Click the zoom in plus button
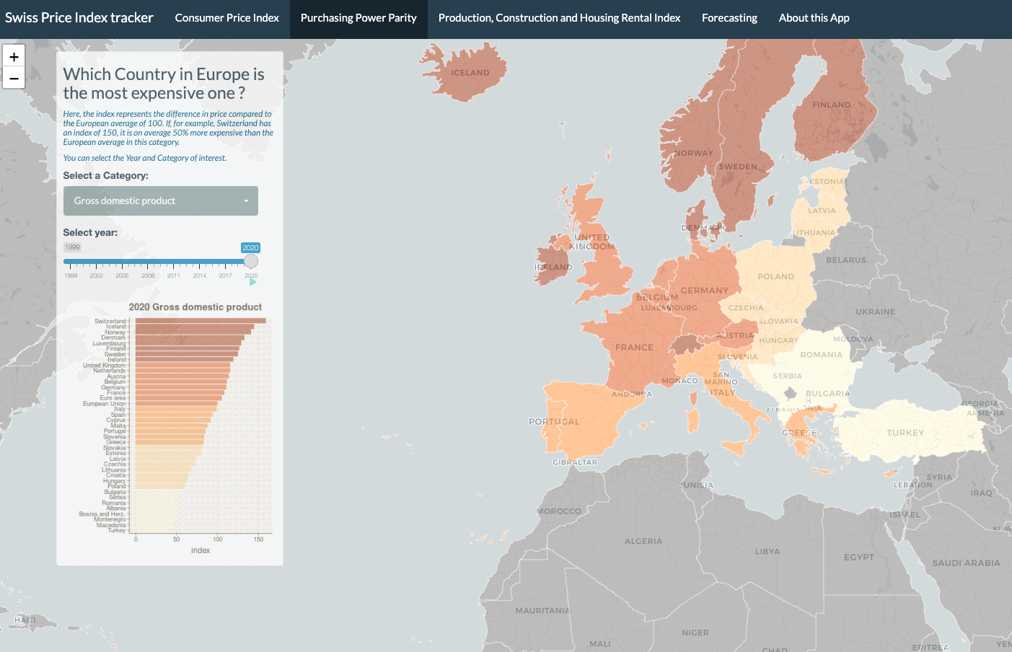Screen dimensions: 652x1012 coord(14,56)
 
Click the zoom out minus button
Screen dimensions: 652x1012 coord(14,78)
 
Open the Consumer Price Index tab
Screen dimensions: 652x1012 coord(226,18)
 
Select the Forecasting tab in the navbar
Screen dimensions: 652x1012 coord(729,18)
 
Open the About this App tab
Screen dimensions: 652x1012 coord(814,18)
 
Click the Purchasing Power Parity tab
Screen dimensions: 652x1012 coord(358,18)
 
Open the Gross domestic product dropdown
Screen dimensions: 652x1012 coord(160,201)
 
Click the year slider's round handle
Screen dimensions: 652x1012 coord(251,261)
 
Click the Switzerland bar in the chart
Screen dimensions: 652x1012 coord(201,321)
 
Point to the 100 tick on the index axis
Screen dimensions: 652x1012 coord(218,539)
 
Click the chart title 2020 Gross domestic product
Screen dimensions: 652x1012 coord(195,307)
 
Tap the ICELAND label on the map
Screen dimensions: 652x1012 coord(470,73)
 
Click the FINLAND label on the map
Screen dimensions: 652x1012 coord(832,105)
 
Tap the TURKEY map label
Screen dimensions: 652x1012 coord(905,433)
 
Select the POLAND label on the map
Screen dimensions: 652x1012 coord(775,277)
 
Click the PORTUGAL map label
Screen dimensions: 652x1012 coord(554,422)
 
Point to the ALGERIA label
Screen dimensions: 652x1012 coord(643,541)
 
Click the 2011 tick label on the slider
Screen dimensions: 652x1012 coord(174,276)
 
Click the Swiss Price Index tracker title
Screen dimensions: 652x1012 coord(79,18)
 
